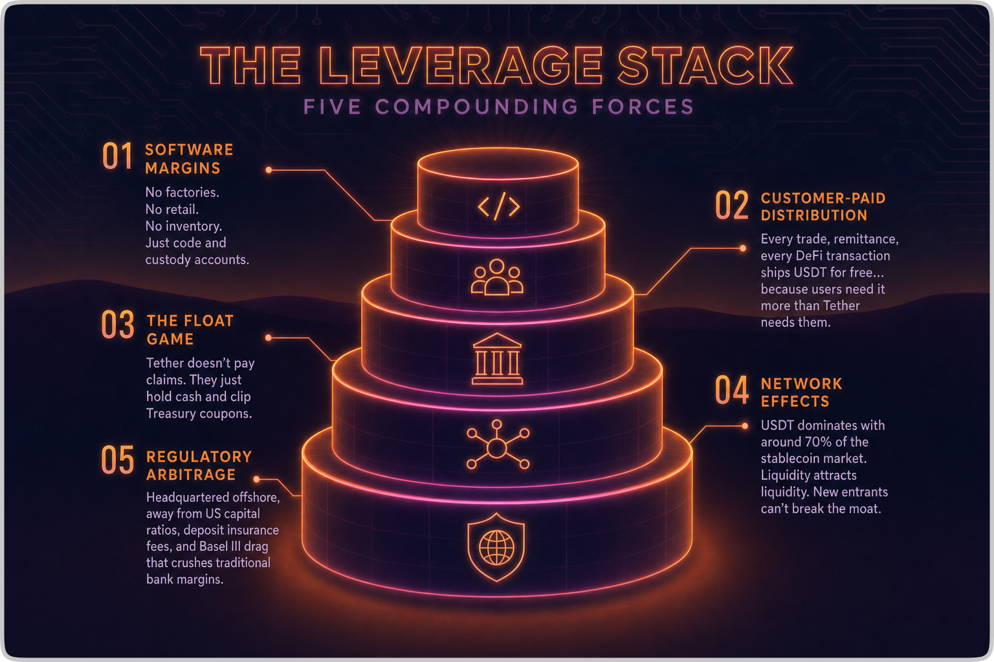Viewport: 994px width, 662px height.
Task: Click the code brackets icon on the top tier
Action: pos(498,207)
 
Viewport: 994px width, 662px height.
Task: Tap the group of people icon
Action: pos(496,277)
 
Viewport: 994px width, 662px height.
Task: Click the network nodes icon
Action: pos(497,445)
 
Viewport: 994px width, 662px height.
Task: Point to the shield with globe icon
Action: pos(496,547)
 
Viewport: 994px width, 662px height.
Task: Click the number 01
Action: pos(117,156)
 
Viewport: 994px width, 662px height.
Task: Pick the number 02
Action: pos(732,206)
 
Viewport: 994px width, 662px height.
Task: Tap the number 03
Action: pos(118,325)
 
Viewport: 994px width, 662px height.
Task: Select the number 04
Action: pos(732,390)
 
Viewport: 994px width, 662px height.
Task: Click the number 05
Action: pos(118,460)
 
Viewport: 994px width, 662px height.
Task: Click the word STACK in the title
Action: pos(705,66)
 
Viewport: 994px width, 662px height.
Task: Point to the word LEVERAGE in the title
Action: pos(460,66)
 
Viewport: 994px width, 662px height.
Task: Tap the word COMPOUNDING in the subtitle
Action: pos(476,107)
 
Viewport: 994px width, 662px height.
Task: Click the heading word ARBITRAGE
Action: pos(191,475)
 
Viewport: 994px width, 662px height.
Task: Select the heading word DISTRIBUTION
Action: pos(813,215)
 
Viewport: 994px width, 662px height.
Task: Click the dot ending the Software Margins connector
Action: pos(269,170)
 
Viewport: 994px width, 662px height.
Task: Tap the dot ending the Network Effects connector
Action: pos(745,426)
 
